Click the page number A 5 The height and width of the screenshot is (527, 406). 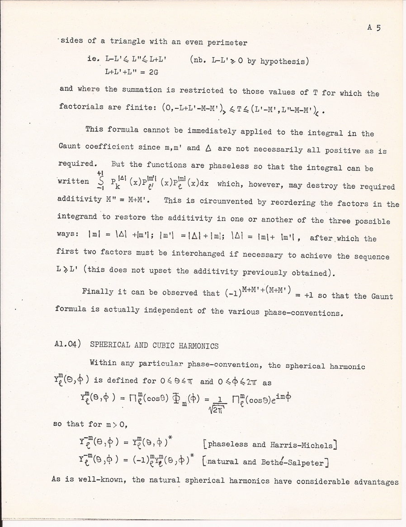374,28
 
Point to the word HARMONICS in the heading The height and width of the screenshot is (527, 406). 199,346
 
